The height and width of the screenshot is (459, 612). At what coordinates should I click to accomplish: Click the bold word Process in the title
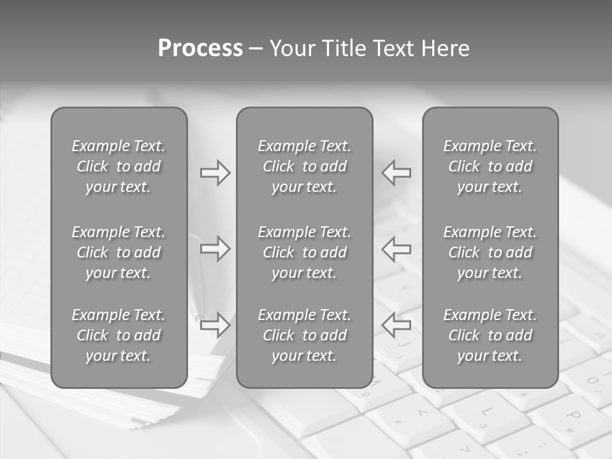pyautogui.click(x=200, y=48)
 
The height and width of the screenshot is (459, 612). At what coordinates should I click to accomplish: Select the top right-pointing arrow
pyautogui.click(x=215, y=173)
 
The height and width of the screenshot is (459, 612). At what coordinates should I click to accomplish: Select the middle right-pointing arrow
pyautogui.click(x=215, y=249)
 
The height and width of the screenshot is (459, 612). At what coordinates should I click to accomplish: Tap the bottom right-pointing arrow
pyautogui.click(x=215, y=324)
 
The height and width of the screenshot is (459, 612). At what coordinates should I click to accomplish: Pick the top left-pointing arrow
pyautogui.click(x=397, y=173)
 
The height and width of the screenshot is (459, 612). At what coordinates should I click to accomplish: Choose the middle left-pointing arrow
pyautogui.click(x=397, y=249)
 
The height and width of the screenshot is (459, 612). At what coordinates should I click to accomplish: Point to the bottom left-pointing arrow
pyautogui.click(x=397, y=324)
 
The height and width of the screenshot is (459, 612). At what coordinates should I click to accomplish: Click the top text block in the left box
pyautogui.click(x=119, y=166)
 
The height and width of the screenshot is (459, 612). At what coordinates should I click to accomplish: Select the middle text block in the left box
pyautogui.click(x=119, y=252)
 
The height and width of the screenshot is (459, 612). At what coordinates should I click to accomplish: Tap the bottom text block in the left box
pyautogui.click(x=119, y=335)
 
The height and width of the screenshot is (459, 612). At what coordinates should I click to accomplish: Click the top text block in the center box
pyautogui.click(x=304, y=166)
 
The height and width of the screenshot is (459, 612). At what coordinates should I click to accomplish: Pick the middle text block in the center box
pyautogui.click(x=304, y=252)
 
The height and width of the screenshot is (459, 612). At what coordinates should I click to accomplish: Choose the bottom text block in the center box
pyautogui.click(x=304, y=335)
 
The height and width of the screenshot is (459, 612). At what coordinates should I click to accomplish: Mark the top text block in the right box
pyautogui.click(x=490, y=166)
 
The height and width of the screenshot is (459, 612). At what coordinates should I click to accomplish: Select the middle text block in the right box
pyautogui.click(x=490, y=252)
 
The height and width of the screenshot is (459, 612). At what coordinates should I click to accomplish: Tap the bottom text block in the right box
pyautogui.click(x=490, y=335)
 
